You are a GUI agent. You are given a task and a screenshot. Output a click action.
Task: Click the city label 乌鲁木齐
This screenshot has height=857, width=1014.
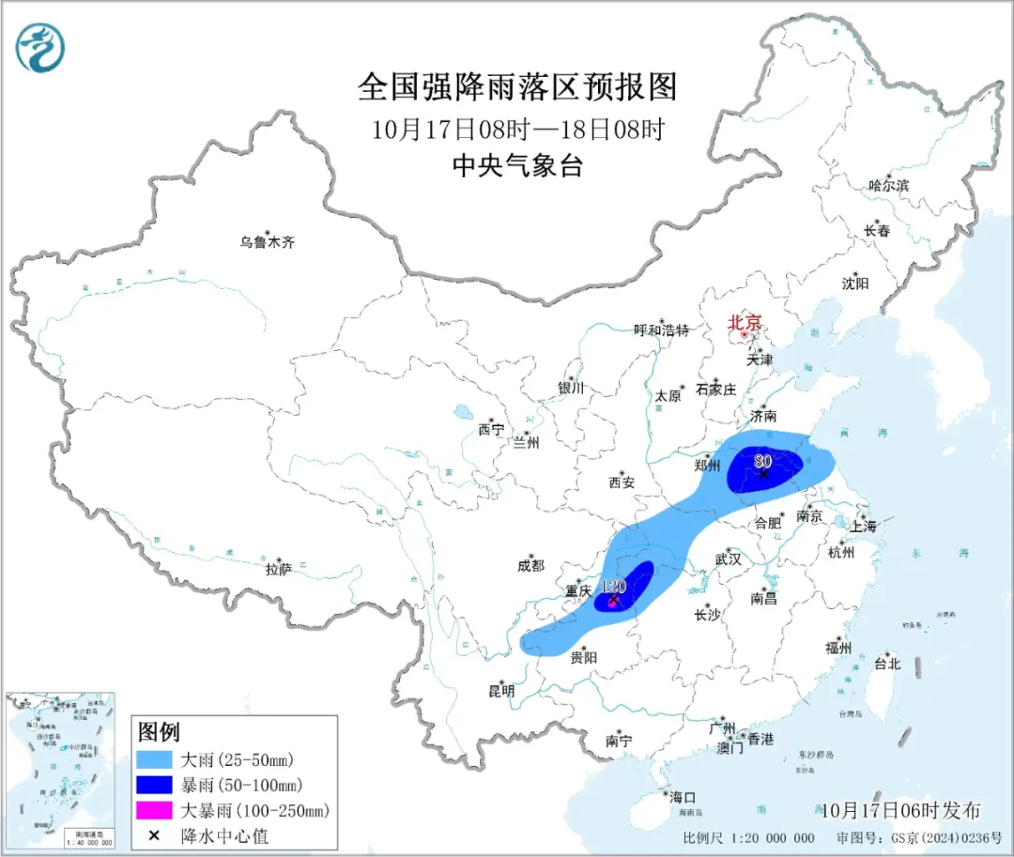(x=267, y=242)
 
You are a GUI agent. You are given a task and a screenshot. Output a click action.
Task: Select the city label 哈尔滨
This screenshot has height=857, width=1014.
(x=888, y=186)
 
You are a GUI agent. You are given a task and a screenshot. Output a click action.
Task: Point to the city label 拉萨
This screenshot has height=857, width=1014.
(x=279, y=569)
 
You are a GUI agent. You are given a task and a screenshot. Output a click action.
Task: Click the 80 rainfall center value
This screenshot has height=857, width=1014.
(x=762, y=461)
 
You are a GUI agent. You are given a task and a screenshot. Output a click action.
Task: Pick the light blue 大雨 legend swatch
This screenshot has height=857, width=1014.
(x=155, y=759)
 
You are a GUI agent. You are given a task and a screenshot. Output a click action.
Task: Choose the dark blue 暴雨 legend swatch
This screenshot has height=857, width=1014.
(x=155, y=785)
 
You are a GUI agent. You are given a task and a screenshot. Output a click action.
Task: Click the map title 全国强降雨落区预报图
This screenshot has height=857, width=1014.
(x=517, y=87)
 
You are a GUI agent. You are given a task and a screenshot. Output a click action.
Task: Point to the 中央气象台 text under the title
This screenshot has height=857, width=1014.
(x=517, y=166)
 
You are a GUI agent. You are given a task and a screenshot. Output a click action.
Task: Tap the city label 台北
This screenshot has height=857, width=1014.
(x=886, y=664)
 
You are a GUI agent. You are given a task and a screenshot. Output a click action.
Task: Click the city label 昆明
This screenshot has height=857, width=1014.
(x=501, y=691)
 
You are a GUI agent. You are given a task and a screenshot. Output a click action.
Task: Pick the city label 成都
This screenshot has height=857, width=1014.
(x=530, y=565)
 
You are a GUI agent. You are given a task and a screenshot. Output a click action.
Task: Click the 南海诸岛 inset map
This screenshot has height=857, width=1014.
(x=61, y=770)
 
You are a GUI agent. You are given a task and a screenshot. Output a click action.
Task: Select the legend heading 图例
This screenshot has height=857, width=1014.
(x=159, y=731)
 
